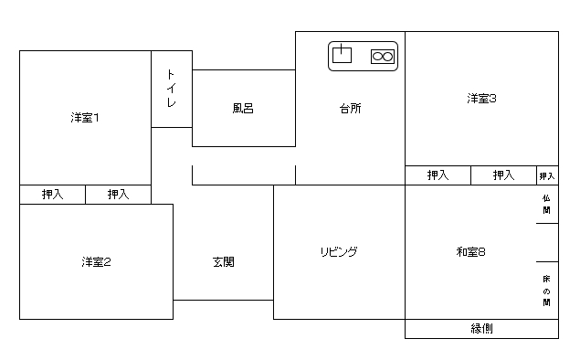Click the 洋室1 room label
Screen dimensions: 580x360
(85, 118)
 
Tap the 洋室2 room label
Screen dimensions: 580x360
(96, 262)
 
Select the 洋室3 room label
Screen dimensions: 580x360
(481, 99)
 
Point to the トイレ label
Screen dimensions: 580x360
(171, 89)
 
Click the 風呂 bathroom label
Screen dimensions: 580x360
(243, 109)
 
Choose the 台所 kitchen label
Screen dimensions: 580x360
(351, 109)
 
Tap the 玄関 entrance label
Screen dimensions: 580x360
(224, 262)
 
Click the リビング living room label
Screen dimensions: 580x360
(339, 252)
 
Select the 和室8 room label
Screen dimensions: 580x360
(470, 252)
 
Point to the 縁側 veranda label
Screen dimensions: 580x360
(481, 329)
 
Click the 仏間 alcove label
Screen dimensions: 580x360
(546, 205)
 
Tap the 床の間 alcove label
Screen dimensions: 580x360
(546, 291)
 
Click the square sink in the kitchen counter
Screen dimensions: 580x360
(342, 54)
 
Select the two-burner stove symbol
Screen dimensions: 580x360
(383, 57)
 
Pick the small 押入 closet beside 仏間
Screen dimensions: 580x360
(547, 175)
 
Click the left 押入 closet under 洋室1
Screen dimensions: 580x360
(53, 195)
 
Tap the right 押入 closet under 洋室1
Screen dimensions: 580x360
(119, 195)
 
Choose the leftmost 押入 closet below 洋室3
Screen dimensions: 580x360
(438, 175)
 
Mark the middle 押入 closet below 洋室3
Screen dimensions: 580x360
(504, 175)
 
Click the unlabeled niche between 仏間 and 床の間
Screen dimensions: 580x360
(547, 242)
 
